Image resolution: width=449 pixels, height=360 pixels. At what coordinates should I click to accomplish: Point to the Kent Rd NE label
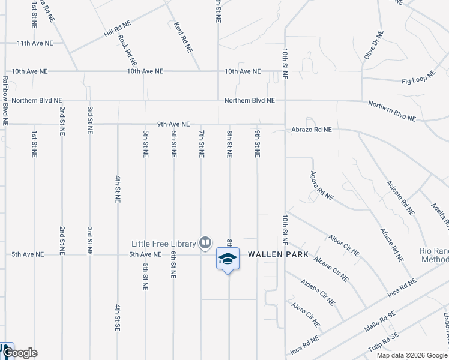(183, 38)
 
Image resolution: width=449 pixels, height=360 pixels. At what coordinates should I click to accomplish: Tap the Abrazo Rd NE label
(311, 129)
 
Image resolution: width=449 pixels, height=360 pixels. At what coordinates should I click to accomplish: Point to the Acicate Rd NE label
(400, 197)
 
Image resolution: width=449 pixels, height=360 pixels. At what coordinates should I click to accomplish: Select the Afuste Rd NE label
(392, 245)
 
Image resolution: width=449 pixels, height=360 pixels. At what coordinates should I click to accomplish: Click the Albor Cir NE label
(343, 245)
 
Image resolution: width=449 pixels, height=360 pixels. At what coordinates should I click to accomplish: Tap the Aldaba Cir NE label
(318, 292)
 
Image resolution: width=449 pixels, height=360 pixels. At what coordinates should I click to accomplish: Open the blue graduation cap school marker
(228, 259)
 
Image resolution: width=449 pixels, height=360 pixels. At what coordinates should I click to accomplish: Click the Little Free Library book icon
(205, 243)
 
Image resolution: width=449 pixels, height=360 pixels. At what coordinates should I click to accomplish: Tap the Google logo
(20, 353)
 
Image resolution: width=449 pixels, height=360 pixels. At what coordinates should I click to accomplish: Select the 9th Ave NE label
(173, 124)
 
